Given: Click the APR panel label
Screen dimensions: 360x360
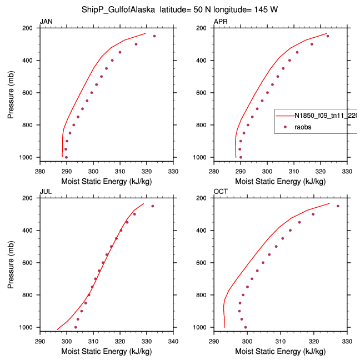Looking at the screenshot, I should click(x=220, y=22).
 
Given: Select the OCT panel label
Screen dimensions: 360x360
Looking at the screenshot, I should click(x=221, y=192).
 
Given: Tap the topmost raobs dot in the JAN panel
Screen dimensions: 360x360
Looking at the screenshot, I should click(x=154, y=36).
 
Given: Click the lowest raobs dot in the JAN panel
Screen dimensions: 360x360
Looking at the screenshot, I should click(x=66, y=157).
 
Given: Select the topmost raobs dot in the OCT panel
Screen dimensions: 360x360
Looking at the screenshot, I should click(x=338, y=206).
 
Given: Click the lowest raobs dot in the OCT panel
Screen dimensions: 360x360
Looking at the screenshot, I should click(x=246, y=327).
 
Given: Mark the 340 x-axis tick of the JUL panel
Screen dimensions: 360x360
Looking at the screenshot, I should click(x=173, y=341).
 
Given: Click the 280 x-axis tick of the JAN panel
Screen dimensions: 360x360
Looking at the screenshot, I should click(x=40, y=171).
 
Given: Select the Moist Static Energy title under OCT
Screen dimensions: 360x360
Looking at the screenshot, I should click(x=281, y=352).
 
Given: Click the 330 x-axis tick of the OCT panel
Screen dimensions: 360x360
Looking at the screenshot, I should click(x=347, y=341).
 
